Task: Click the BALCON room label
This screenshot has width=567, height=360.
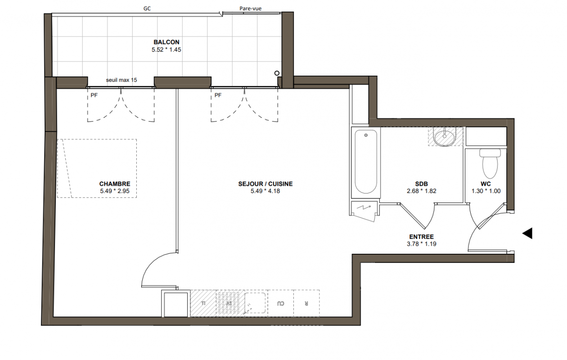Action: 166,42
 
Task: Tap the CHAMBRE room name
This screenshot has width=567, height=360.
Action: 115,184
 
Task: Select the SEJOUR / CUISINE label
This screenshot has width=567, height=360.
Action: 265,184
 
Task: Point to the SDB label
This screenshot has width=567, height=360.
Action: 422,184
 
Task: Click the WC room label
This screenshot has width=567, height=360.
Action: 486,184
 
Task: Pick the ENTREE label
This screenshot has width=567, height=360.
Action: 422,237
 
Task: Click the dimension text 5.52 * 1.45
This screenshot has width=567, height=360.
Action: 166,49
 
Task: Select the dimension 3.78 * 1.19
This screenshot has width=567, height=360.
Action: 422,244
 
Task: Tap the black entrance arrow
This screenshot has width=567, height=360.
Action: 527,233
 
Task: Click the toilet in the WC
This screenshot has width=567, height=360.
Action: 490,163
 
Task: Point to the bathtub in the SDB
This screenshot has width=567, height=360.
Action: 366,162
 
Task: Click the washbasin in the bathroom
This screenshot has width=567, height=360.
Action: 445,137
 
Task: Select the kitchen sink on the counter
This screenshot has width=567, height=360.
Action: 256,303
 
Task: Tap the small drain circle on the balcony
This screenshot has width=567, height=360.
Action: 277,73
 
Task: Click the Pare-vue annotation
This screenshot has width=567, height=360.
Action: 250,9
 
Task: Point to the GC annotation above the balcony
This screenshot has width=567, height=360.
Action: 147,9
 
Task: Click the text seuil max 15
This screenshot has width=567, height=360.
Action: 121,80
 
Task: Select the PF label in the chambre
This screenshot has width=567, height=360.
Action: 94,95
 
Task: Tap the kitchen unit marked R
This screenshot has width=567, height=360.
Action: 306,303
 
